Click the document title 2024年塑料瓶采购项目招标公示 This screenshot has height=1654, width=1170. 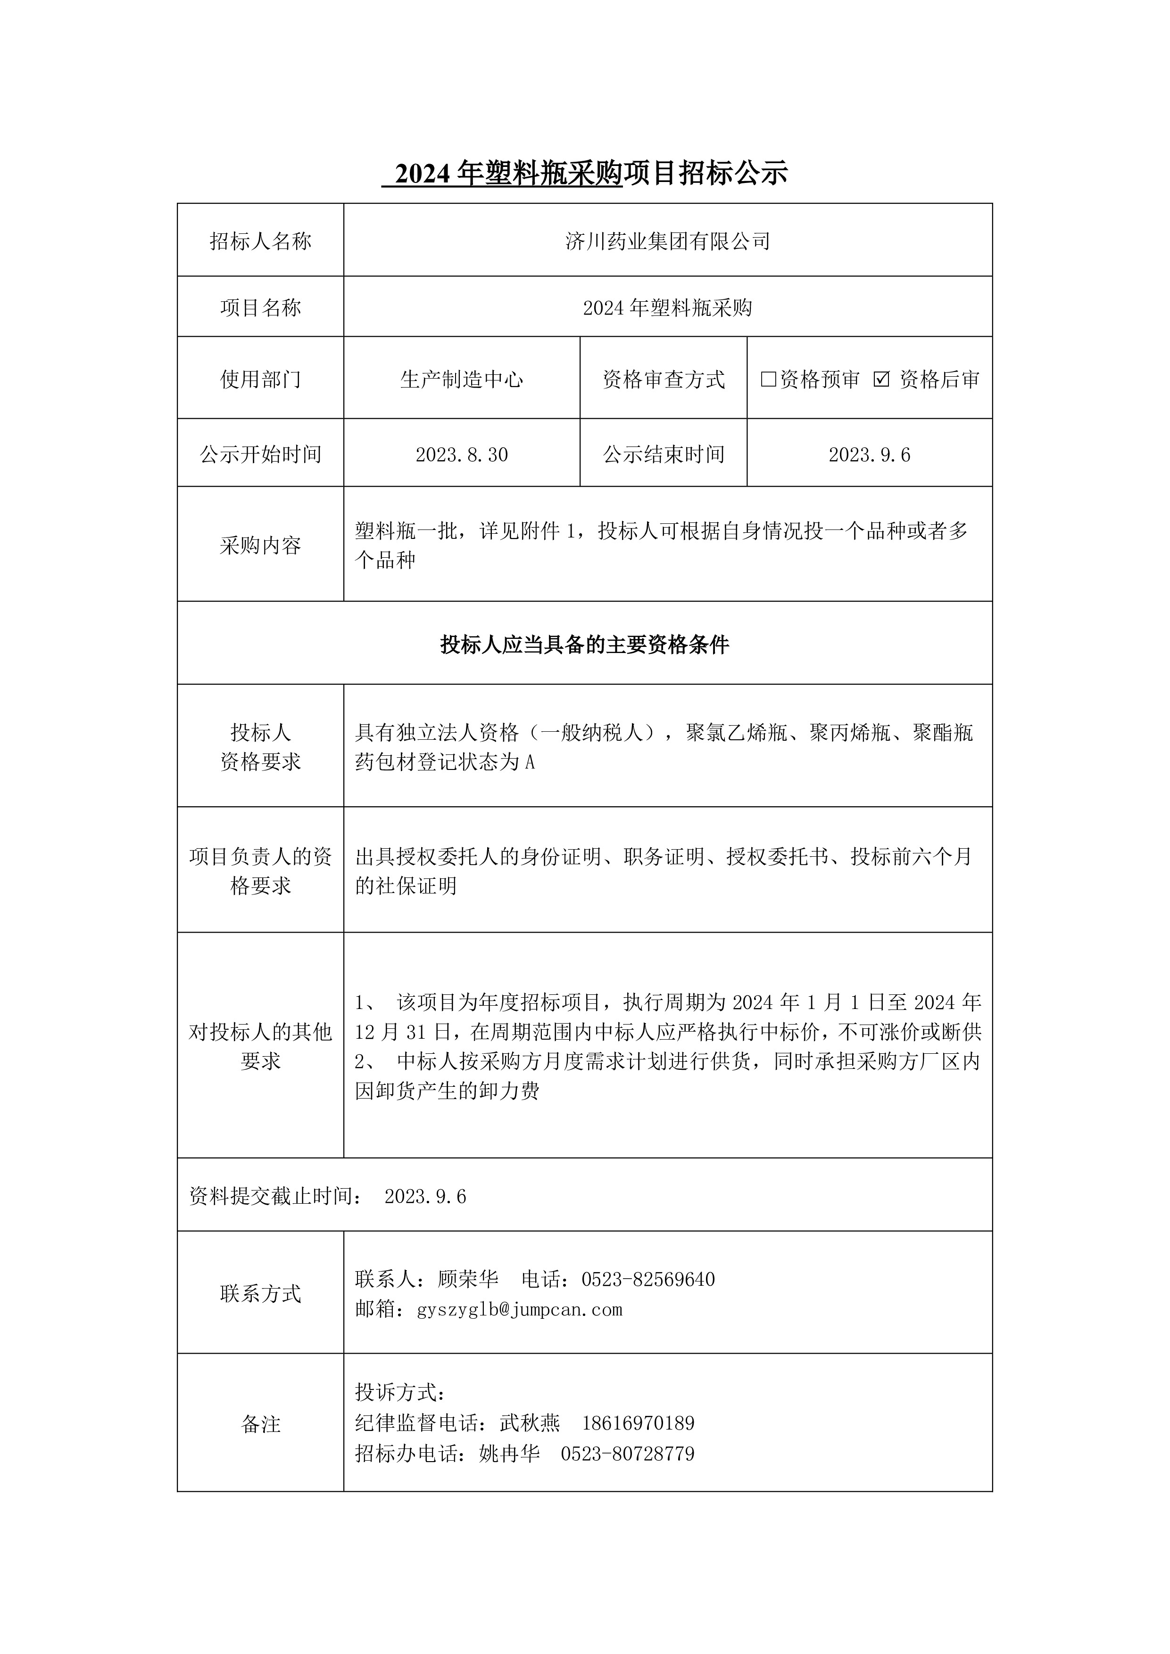click(x=585, y=173)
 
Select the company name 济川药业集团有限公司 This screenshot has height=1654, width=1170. click(x=667, y=241)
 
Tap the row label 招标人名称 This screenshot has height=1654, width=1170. click(x=260, y=241)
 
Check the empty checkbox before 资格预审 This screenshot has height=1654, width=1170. click(x=768, y=379)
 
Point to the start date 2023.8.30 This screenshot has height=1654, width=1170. click(x=461, y=455)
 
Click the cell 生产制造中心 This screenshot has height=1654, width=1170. click(x=461, y=379)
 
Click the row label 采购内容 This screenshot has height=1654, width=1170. click(x=260, y=546)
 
